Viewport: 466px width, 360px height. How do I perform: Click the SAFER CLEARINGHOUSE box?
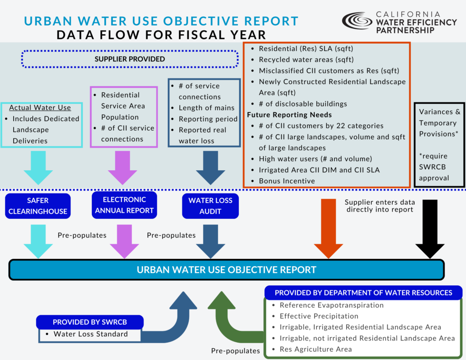click(x=38, y=206)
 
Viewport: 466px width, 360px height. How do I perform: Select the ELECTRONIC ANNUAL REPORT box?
click(x=124, y=205)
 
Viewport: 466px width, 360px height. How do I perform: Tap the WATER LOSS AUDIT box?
click(x=210, y=206)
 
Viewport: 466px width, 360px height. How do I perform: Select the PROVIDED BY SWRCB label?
click(x=90, y=322)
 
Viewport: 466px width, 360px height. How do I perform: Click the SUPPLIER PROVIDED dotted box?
click(x=130, y=59)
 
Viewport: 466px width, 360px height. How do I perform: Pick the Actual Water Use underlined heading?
click(x=40, y=108)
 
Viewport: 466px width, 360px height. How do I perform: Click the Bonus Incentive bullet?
click(x=287, y=181)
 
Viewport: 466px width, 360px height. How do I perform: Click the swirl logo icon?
click(x=357, y=21)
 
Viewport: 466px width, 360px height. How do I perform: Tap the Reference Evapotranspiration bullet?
click(x=332, y=305)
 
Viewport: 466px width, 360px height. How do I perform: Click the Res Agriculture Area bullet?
click(x=316, y=349)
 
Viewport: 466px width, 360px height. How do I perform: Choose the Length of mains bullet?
click(x=207, y=108)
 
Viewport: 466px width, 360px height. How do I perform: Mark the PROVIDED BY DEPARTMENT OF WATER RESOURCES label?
click(x=364, y=293)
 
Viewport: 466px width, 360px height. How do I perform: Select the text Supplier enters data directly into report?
click(x=379, y=206)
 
